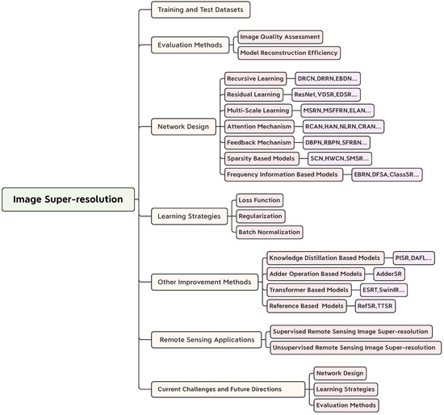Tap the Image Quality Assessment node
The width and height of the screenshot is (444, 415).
(279, 36)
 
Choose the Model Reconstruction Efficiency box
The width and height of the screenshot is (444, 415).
(288, 52)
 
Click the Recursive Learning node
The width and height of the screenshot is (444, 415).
(254, 78)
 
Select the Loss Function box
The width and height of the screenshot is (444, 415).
(259, 199)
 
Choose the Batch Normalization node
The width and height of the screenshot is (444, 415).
(269, 232)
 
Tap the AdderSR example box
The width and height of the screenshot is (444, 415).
(389, 274)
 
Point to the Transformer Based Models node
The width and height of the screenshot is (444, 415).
(310, 290)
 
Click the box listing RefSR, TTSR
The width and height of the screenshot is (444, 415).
(375, 306)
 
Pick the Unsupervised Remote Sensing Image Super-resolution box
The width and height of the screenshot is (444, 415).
(355, 348)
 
